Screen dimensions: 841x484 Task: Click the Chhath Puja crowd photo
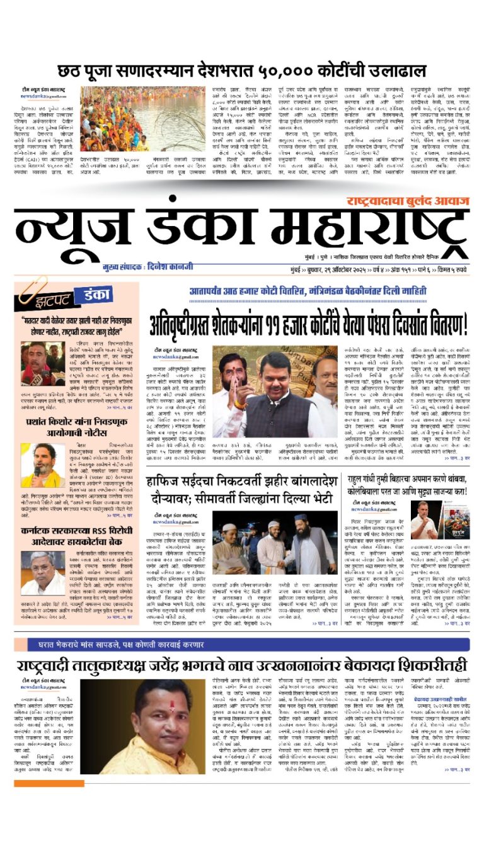tap(142, 118)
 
